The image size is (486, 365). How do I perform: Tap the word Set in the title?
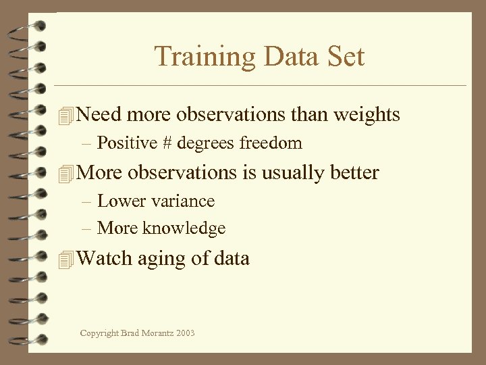pyautogui.click(x=346, y=56)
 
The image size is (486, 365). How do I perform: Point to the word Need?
pyautogui.click(x=99, y=115)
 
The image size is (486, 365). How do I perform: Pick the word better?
pyautogui.click(x=354, y=173)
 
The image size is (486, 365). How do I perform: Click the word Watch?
pyautogui.click(x=105, y=258)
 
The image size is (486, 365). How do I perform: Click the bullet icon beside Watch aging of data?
pyautogui.click(x=65, y=259)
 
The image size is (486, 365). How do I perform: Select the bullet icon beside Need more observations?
pyautogui.click(x=65, y=116)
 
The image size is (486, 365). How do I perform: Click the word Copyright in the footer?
pyautogui.click(x=97, y=333)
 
